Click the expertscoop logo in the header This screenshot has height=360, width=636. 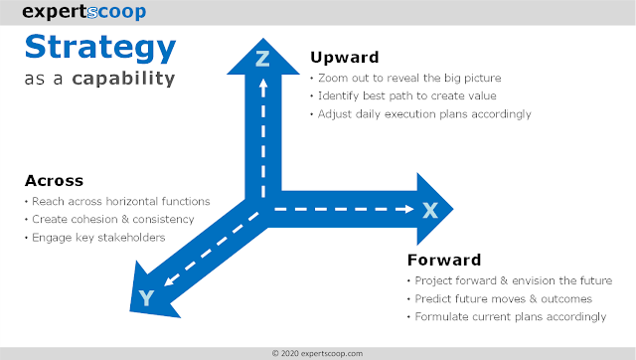[x=83, y=12]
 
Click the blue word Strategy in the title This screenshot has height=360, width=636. [x=100, y=48]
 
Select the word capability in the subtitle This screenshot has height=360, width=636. [x=123, y=79]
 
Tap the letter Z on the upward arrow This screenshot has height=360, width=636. [x=262, y=59]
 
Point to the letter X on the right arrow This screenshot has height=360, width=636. [x=430, y=210]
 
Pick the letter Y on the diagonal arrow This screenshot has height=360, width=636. [x=146, y=298]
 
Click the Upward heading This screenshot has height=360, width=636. [x=345, y=58]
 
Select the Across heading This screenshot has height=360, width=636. [x=54, y=181]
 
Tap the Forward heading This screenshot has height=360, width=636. [x=444, y=260]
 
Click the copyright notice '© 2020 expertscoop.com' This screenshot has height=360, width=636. [x=318, y=353]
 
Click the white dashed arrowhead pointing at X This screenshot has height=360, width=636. [x=408, y=209]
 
